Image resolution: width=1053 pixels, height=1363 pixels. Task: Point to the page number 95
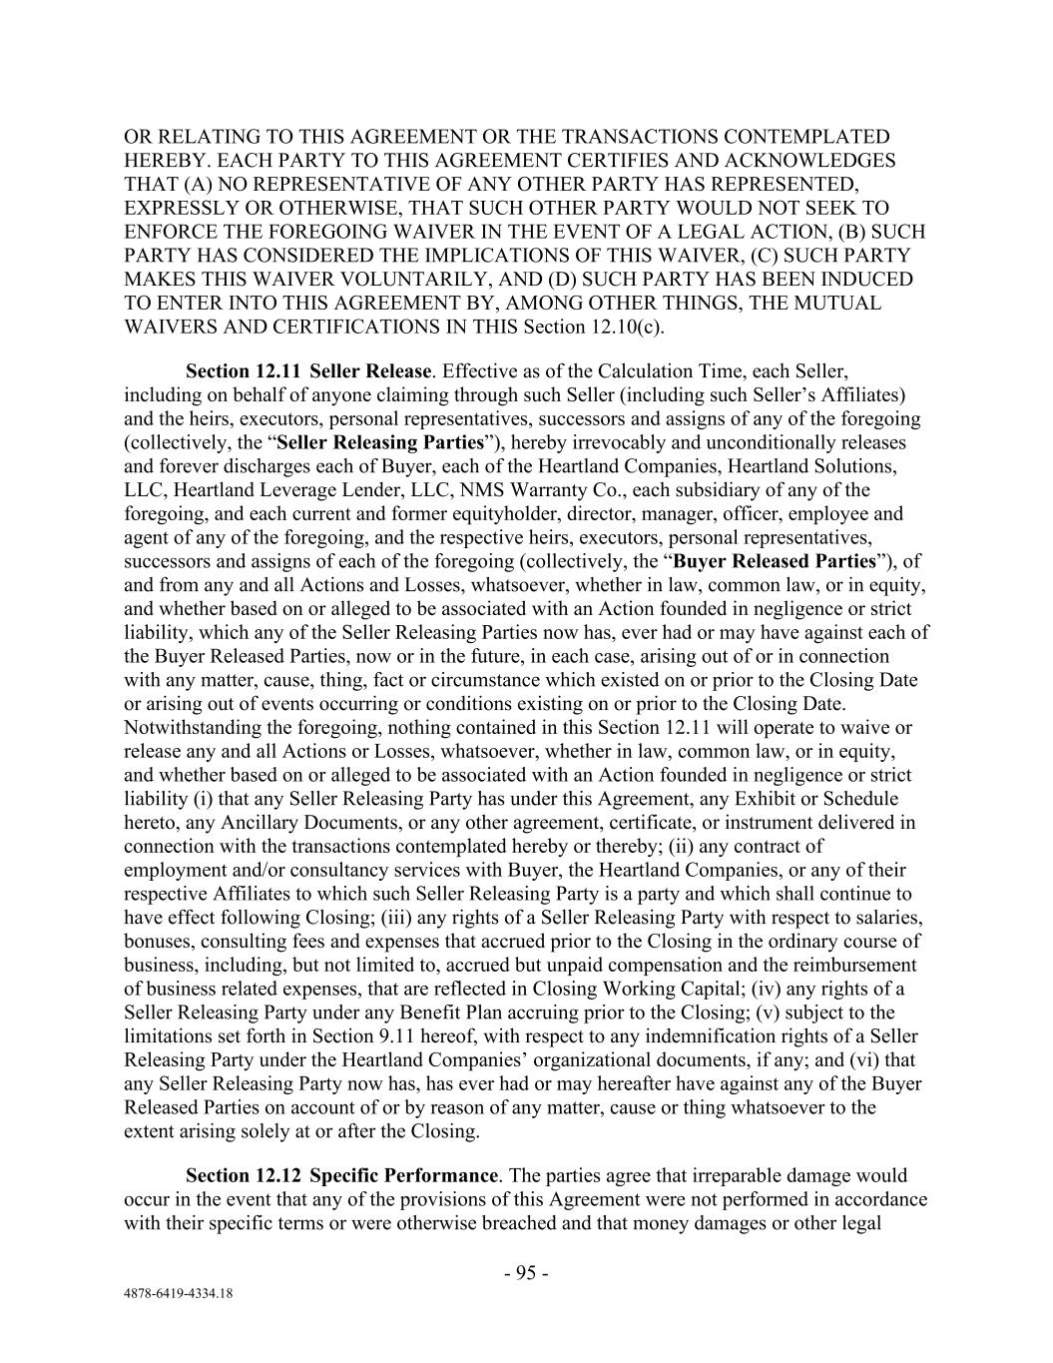coord(526,1273)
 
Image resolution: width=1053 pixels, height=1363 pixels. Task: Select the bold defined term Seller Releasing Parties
coord(380,442)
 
